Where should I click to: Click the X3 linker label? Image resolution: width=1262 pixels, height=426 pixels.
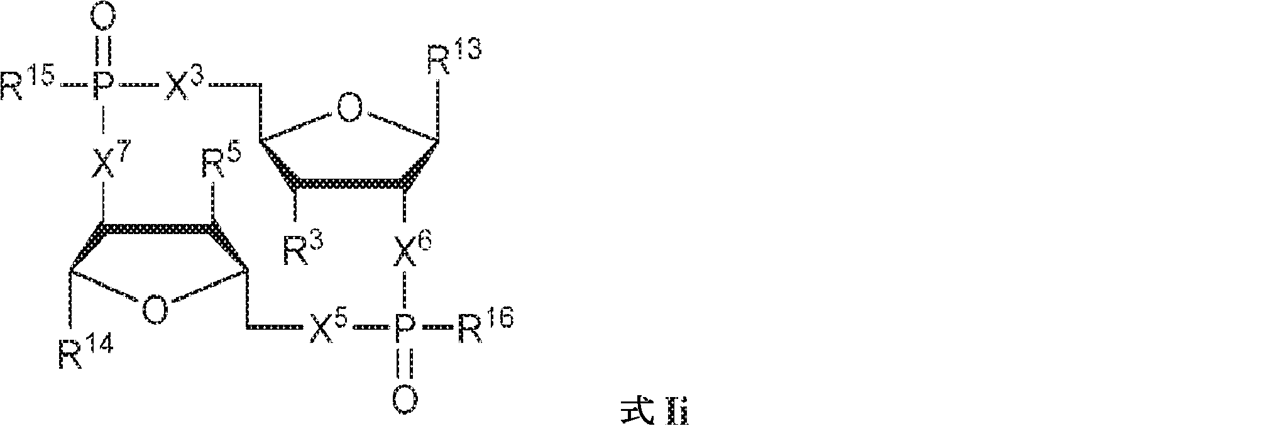pyautogui.click(x=186, y=84)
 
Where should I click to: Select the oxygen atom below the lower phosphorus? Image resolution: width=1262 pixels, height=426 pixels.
pyautogui.click(x=405, y=397)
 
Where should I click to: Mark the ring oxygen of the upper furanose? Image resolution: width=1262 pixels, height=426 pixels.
pyautogui.click(x=349, y=108)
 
